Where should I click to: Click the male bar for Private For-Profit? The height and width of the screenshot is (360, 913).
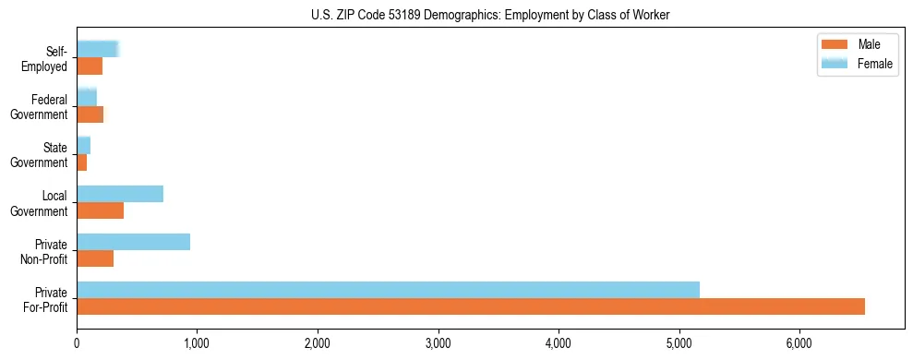tap(471, 306)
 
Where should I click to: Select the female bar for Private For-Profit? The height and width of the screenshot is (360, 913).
tap(388, 290)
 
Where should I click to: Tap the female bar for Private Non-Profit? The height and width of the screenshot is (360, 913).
tap(133, 242)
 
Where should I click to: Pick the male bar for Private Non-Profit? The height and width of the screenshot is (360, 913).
tap(95, 258)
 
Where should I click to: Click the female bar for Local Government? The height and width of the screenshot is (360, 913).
tap(120, 194)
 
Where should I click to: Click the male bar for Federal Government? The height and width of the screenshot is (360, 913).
tap(90, 114)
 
